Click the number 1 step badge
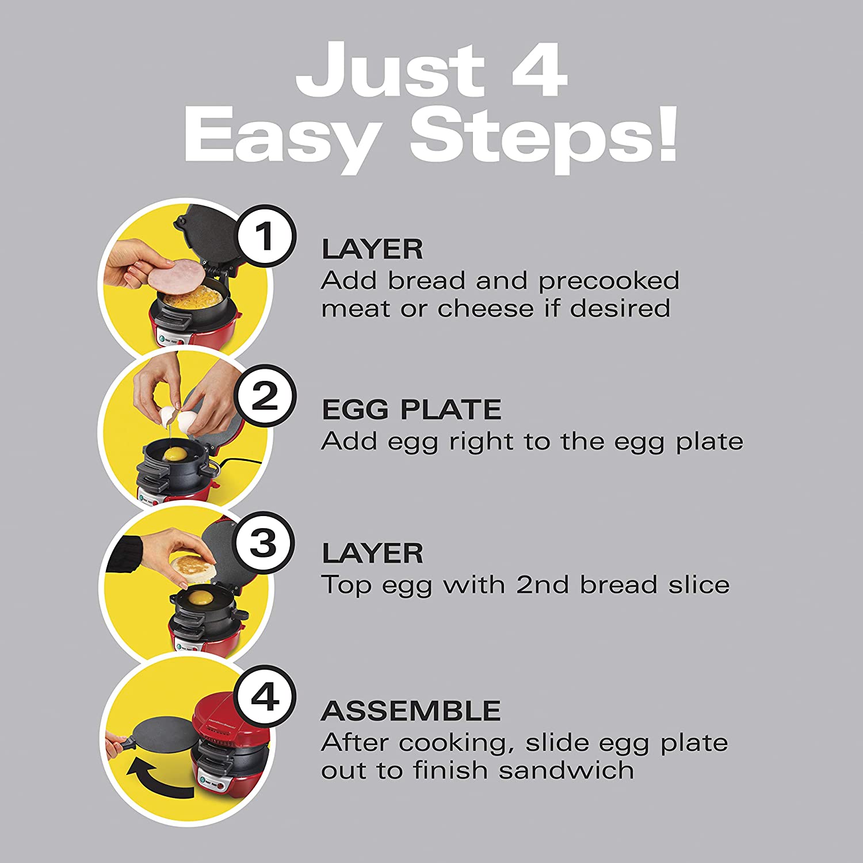pos(265,235)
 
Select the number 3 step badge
pos(264,543)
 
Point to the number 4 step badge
pos(265,697)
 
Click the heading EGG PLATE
pos(411,410)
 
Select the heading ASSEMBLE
pos(411,711)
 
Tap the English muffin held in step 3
pos(193,567)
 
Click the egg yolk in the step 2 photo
pos(175,455)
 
